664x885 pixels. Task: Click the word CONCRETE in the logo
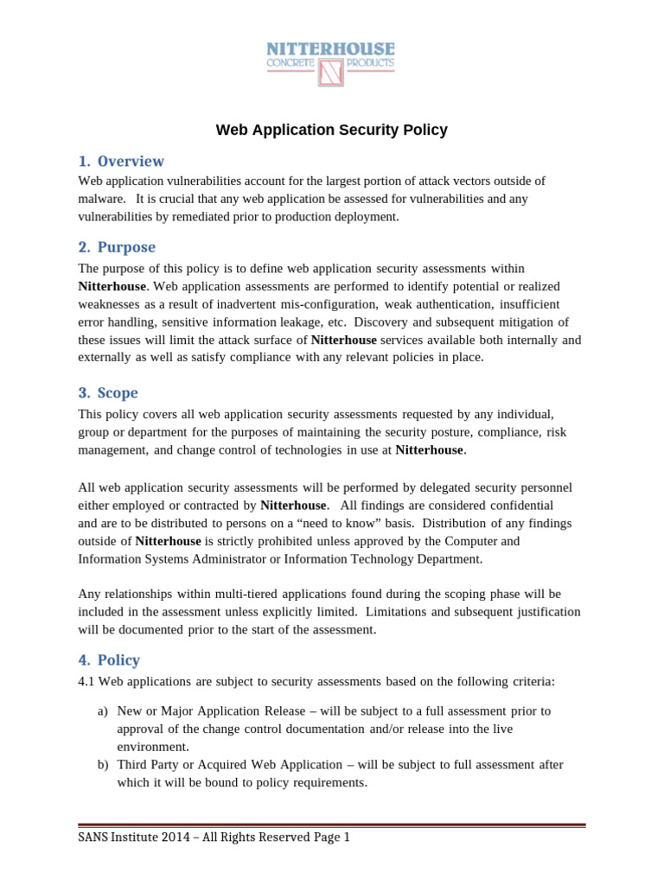click(x=293, y=63)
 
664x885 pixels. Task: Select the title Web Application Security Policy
click(x=331, y=131)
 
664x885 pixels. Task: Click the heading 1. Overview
click(x=121, y=161)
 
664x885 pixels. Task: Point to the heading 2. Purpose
click(x=118, y=247)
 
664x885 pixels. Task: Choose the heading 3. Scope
click(x=110, y=392)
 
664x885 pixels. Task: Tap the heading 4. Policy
click(x=110, y=659)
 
